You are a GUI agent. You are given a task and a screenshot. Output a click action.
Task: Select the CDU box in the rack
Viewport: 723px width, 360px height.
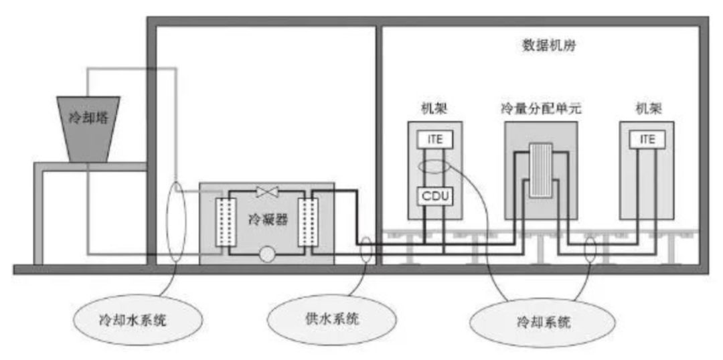pyautogui.click(x=435, y=196)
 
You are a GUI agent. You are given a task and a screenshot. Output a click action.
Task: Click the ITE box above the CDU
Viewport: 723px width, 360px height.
pyautogui.click(x=435, y=139)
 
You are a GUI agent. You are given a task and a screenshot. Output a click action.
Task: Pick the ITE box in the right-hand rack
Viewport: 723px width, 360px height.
pyautogui.click(x=647, y=139)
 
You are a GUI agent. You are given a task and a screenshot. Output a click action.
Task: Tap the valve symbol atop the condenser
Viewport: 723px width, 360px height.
pyautogui.click(x=268, y=192)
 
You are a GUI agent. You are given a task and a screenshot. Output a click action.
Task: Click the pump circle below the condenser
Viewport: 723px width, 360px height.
pyautogui.click(x=267, y=254)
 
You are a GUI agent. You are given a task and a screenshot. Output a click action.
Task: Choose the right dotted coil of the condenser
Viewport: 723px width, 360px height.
pyautogui.click(x=309, y=221)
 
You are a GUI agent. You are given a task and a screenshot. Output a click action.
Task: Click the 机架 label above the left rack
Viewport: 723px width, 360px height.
pyautogui.click(x=436, y=108)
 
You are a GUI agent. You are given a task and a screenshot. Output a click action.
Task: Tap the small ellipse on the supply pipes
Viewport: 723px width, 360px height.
pyautogui.click(x=366, y=251)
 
